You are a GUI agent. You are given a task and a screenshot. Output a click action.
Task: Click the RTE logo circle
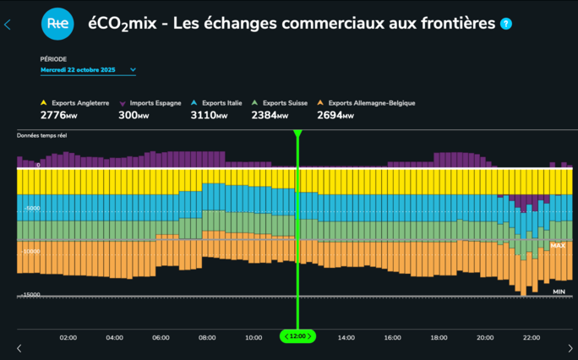[x=57, y=25]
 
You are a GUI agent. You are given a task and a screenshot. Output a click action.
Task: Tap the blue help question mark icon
[x=506, y=24]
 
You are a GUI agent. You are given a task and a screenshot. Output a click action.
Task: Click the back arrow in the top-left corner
[x=8, y=25]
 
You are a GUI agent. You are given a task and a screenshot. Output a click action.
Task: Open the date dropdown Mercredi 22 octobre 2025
[x=89, y=70]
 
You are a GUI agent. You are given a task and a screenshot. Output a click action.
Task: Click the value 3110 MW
[x=209, y=115]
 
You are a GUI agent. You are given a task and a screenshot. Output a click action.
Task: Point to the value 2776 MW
[x=58, y=115]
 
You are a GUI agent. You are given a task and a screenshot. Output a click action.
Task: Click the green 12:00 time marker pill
[x=297, y=336]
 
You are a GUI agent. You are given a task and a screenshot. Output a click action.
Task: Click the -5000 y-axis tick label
[x=31, y=208]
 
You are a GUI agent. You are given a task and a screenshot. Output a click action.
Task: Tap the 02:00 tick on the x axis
[x=68, y=337]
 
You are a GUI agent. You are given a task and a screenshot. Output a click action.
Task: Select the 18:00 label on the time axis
[x=438, y=337]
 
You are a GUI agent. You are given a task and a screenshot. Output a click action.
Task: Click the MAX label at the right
[x=558, y=246]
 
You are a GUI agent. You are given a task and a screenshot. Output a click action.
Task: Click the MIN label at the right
[x=559, y=292]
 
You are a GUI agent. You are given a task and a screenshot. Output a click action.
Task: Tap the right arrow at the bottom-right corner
[x=570, y=348]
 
